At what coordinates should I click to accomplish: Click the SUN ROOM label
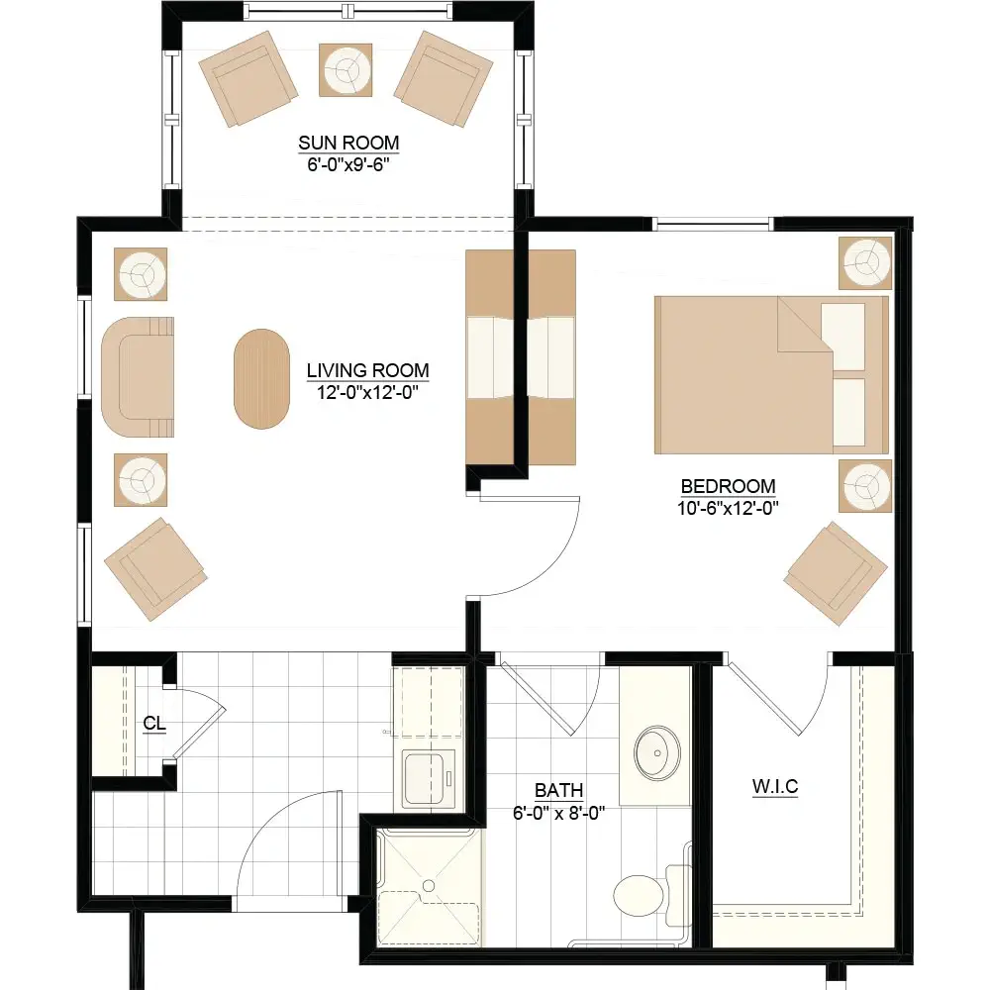click(348, 143)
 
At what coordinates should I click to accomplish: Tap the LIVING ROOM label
click(367, 370)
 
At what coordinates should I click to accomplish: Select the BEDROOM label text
click(728, 486)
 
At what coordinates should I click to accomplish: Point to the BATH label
click(558, 790)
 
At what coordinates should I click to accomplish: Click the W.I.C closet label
click(775, 787)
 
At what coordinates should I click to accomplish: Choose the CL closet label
click(154, 723)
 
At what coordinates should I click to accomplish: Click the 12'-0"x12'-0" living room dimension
click(367, 392)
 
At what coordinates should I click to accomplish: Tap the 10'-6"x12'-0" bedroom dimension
click(728, 508)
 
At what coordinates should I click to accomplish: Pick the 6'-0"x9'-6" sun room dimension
click(348, 164)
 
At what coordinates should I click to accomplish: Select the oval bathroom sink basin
click(657, 752)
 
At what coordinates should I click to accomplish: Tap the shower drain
click(429, 886)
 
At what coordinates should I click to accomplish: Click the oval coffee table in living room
click(261, 379)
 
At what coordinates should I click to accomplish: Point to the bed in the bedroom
click(771, 374)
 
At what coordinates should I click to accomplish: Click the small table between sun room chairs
click(346, 70)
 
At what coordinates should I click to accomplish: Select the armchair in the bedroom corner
click(836, 573)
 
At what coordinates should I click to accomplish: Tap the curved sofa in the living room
click(137, 377)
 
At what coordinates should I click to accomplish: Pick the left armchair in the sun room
click(248, 78)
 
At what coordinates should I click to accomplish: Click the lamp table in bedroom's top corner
click(865, 262)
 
